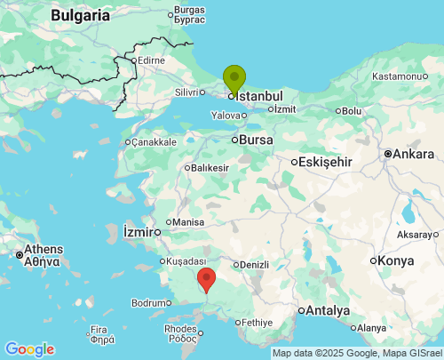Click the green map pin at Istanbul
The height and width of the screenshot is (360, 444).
(x=234, y=78)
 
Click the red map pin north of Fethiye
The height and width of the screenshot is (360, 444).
(x=206, y=278)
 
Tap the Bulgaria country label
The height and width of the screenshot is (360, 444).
(x=80, y=15)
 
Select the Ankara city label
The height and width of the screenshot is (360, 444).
(x=413, y=154)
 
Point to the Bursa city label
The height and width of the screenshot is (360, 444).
(x=257, y=140)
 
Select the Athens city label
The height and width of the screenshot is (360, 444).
(x=43, y=249)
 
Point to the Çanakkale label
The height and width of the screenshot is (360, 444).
(x=155, y=141)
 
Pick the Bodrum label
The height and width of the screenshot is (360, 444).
(x=148, y=303)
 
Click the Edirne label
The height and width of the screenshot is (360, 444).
(x=152, y=60)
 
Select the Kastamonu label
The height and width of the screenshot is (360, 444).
(x=398, y=76)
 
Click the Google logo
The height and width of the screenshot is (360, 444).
(x=29, y=349)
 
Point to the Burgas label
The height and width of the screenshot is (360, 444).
(x=190, y=11)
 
